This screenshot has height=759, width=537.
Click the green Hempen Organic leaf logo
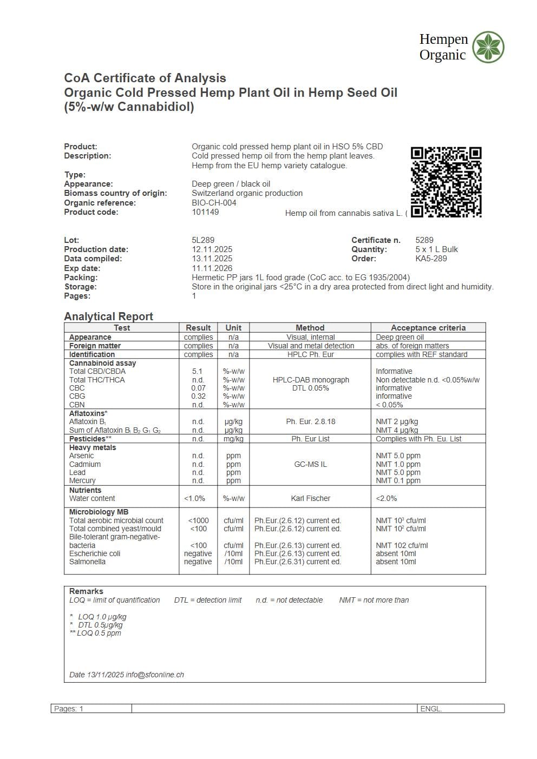pyautogui.click(x=488, y=47)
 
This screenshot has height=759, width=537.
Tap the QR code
pyautogui.click(x=446, y=182)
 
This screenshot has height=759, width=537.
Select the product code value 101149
pyautogui.click(x=205, y=212)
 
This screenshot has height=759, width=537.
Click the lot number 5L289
pyautogui.click(x=203, y=240)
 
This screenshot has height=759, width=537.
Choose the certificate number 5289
pyautogui.click(x=424, y=240)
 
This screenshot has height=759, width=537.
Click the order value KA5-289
pyautogui.click(x=431, y=259)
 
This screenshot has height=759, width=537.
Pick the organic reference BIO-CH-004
pyautogui.click(x=214, y=203)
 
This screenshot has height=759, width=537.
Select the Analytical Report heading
pyautogui.click(x=108, y=316)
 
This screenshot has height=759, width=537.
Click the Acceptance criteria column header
pyautogui.click(x=428, y=328)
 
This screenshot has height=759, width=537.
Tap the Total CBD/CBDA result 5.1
pyautogui.click(x=197, y=372)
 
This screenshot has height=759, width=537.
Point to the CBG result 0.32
pyautogui.click(x=198, y=396)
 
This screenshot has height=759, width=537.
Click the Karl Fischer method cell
pyautogui.click(x=310, y=498)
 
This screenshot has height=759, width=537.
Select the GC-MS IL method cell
pyautogui.click(x=310, y=464)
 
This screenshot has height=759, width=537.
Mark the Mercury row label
pyautogui.click(x=82, y=480)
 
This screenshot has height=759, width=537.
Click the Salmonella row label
pyautogui.click(x=87, y=562)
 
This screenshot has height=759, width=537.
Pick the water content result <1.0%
pyautogui.click(x=195, y=498)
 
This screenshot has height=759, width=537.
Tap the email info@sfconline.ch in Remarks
pyautogui.click(x=155, y=675)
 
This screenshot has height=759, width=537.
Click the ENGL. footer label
pyautogui.click(x=431, y=709)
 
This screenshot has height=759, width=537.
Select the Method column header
pyautogui.click(x=310, y=328)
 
